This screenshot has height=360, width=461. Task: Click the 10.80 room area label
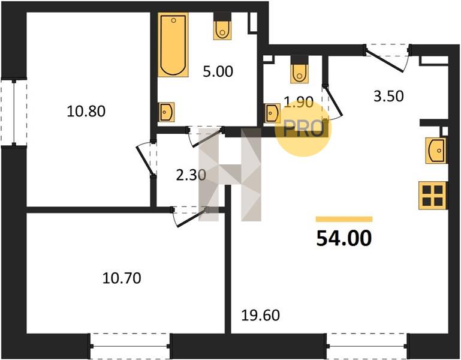point(86,112)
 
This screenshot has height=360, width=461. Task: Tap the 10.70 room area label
point(122,278)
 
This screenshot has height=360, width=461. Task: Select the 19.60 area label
point(261,316)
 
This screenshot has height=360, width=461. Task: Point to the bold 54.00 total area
point(344,238)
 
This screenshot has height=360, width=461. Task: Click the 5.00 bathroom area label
point(218,71)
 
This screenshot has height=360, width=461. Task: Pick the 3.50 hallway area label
point(388,96)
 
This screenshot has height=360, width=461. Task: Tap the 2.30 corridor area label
point(191,175)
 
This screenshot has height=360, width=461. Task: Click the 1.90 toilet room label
point(299,103)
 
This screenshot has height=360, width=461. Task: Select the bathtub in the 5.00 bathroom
point(173,45)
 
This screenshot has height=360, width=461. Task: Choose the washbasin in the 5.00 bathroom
point(166,112)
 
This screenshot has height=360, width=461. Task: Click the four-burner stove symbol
point(432,196)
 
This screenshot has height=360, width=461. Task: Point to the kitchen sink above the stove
point(436,151)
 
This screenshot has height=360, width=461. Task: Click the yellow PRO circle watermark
point(303,128)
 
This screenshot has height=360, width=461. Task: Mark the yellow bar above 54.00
point(344,219)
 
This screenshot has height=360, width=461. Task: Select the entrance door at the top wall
point(387,58)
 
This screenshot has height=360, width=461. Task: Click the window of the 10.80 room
point(14,112)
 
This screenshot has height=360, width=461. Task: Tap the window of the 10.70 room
point(129,346)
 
